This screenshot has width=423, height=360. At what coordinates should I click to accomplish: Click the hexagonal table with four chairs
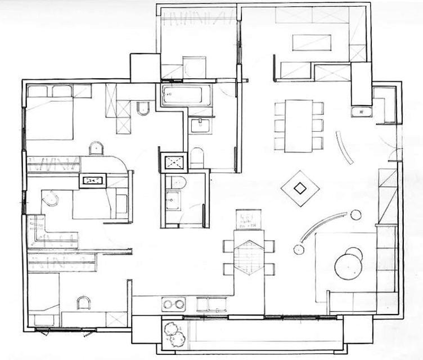(249, 257)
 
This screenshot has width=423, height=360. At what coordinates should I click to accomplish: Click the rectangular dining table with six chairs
(298, 125)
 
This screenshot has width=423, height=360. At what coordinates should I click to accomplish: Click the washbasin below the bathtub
(200, 125)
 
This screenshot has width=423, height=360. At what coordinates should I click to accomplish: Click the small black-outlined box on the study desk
(93, 181)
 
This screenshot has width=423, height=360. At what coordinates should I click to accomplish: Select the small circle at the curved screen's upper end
(355, 214)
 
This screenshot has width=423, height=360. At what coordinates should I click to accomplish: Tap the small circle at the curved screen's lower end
(298, 249)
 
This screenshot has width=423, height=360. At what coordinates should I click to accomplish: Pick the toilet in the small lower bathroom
(178, 182)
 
